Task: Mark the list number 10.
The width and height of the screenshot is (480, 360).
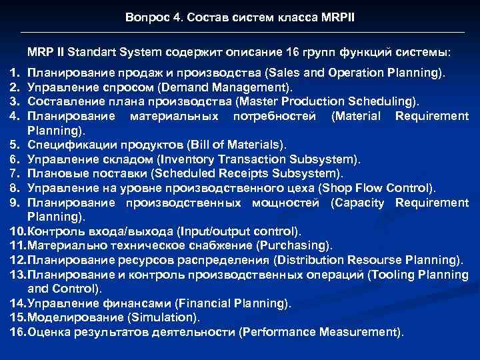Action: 18,231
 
